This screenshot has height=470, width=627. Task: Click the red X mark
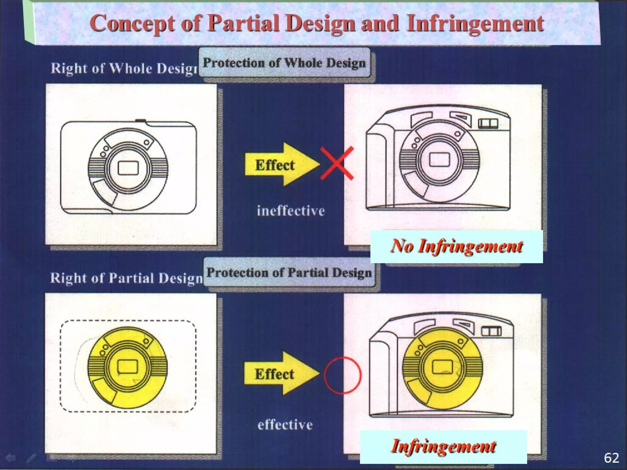tap(337, 163)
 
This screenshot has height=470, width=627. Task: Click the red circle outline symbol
tap(343, 375)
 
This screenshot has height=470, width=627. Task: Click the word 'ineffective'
tap(291, 211)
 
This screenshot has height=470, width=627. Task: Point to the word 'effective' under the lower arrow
tap(285, 425)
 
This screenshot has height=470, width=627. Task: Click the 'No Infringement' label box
tap(456, 246)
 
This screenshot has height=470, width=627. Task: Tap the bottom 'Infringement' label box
tap(443, 446)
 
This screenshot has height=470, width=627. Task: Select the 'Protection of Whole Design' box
tap(284, 63)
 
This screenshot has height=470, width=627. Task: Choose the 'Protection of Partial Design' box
tap(289, 273)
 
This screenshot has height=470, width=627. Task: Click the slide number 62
tap(611, 458)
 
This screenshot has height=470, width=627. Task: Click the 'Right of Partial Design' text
tap(126, 278)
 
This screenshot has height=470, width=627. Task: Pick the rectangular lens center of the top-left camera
tap(128, 168)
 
